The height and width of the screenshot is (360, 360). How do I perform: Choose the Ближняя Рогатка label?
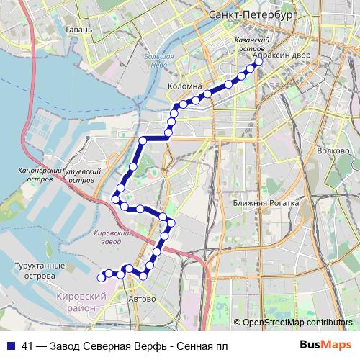(x=266, y=203)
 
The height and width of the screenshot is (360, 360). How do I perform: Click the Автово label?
(x=141, y=298)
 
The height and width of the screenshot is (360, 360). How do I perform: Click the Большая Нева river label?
(x=158, y=60)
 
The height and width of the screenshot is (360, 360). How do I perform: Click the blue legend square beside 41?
(x=11, y=347)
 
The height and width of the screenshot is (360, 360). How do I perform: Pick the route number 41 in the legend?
(x=28, y=347)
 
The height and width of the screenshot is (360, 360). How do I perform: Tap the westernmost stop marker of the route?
(x=101, y=276)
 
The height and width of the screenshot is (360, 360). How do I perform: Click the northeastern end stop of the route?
(x=258, y=62)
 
